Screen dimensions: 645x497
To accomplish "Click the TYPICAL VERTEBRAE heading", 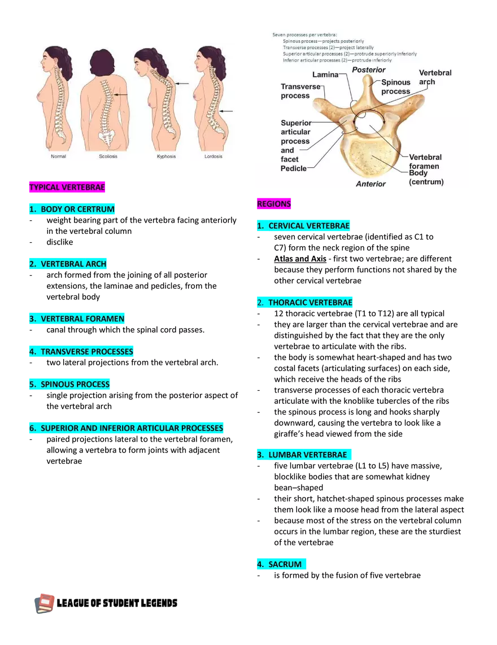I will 67,187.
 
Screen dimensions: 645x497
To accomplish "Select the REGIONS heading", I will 274,204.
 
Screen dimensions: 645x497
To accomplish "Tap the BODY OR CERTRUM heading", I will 72,209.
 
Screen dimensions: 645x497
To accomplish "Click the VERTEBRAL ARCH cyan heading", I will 68,264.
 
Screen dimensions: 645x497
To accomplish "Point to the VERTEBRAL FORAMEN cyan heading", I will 77,319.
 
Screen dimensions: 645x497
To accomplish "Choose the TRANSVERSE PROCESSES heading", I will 81,351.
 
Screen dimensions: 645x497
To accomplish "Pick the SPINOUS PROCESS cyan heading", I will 70,384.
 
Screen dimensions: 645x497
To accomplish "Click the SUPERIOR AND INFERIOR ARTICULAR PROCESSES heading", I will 127,428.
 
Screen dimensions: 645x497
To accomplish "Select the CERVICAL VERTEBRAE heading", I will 303,226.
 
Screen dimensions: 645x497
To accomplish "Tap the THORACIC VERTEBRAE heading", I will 305,303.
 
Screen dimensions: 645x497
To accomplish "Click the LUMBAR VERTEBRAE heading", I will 304,455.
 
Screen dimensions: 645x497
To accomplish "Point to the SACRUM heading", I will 282,564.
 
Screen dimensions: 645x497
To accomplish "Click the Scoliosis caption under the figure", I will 108,156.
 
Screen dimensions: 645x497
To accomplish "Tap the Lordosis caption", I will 213,156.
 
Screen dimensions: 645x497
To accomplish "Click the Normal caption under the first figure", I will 58,156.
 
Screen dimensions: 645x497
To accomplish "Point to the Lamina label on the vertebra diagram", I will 325,75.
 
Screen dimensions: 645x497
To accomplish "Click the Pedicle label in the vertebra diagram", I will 294,168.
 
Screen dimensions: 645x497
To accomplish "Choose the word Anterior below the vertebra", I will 370,184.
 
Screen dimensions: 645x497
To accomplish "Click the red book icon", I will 45,603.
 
